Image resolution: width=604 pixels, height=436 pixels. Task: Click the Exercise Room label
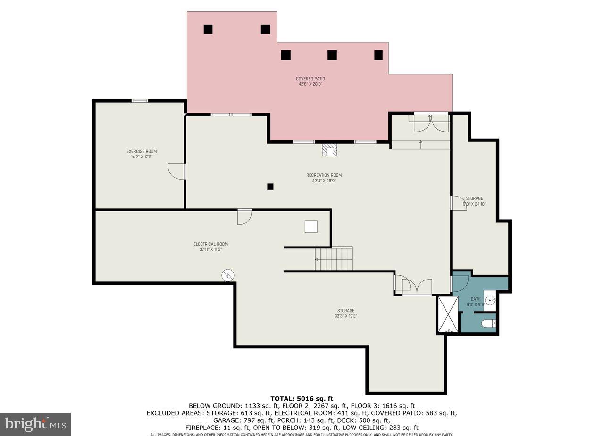[x=142, y=151]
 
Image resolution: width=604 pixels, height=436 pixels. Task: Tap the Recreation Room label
[x=324, y=175]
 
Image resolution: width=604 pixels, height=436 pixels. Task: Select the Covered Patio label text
[x=310, y=79]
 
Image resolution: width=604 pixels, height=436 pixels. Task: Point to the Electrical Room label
[x=210, y=244]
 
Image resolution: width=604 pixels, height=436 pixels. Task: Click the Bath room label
[x=476, y=299]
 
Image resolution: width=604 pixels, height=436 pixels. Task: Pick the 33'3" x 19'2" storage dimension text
[x=345, y=316]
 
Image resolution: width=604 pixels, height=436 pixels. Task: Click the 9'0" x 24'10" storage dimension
[x=474, y=204]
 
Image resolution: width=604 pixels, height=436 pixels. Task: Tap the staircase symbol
[x=334, y=259]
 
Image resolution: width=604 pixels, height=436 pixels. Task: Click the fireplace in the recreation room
[x=329, y=149]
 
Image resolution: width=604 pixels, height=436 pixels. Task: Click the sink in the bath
[x=490, y=299]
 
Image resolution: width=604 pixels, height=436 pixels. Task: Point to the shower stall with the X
[x=448, y=314]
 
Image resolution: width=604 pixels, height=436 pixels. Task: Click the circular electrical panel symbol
[x=228, y=275]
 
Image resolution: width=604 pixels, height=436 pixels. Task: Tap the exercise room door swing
[x=176, y=171]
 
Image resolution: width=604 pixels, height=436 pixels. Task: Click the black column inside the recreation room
[x=270, y=187]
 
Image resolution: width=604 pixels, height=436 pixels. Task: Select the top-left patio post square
[x=208, y=29]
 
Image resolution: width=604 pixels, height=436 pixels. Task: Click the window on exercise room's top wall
[x=140, y=100]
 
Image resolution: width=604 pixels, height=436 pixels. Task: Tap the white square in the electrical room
[x=311, y=227]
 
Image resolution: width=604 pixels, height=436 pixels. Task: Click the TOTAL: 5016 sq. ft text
[x=302, y=399]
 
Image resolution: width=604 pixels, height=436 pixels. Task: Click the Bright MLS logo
[x=35, y=424]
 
